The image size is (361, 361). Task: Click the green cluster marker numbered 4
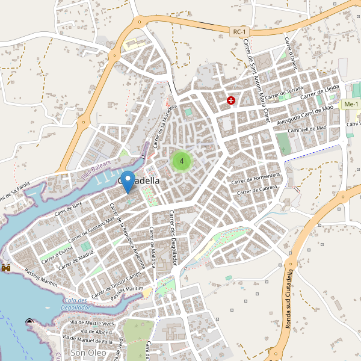tap(181, 161)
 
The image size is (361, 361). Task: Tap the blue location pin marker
tap(128, 181)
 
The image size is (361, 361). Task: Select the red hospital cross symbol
tap(230, 100)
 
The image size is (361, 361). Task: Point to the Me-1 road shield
tap(350, 105)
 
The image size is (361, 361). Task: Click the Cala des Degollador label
tap(75, 304)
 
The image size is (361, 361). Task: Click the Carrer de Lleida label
tap(321, 91)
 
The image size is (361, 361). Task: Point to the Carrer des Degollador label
tap(173, 235)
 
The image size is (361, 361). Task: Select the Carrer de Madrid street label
tap(77, 258)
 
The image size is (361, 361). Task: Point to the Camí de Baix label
tap(68, 209)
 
